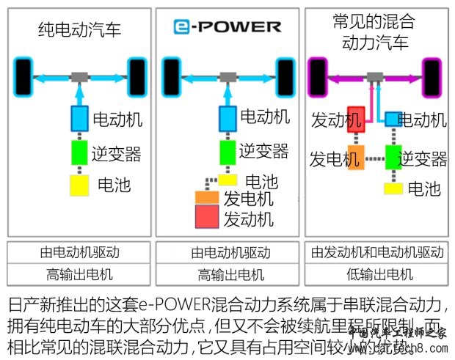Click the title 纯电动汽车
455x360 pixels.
click(x=79, y=30)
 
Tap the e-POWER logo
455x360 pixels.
click(x=227, y=27)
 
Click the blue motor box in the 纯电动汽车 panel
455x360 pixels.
click(x=80, y=117)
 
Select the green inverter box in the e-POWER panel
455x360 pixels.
click(x=228, y=152)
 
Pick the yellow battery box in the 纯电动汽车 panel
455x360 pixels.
click(x=79, y=185)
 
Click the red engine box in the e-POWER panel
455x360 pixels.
click(x=207, y=217)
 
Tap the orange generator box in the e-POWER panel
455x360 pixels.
click(x=207, y=198)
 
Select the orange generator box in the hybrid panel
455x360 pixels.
click(x=355, y=158)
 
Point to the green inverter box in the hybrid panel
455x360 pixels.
click(x=395, y=158)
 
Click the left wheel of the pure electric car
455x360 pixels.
click(x=23, y=75)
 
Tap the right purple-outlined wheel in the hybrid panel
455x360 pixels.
click(x=432, y=75)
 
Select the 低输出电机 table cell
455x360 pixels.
click(x=376, y=276)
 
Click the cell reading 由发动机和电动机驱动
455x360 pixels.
click(x=376, y=253)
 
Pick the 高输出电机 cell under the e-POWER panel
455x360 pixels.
click(x=227, y=276)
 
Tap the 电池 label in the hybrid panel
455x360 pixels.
click(x=424, y=188)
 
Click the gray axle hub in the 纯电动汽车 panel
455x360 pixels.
click(x=80, y=76)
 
